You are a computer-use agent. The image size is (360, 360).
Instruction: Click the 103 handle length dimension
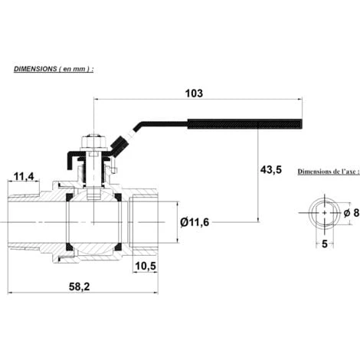(194, 93)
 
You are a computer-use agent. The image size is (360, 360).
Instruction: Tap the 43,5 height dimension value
(270, 169)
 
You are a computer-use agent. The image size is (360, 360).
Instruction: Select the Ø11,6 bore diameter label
(195, 222)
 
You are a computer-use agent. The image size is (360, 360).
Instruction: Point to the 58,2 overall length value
(80, 287)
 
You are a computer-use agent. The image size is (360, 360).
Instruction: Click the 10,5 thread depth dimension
(146, 266)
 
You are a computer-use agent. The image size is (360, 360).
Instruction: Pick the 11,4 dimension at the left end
(24, 176)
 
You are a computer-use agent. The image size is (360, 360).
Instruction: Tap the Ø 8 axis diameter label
(352, 213)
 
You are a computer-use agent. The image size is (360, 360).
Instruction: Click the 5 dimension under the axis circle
(324, 244)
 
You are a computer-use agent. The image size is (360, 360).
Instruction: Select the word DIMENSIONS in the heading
(35, 69)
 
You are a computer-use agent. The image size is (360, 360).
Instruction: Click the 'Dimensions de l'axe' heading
(329, 172)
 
